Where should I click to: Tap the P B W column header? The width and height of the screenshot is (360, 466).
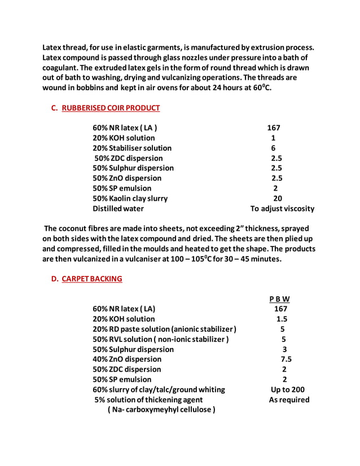pyautogui.click(x=279, y=298)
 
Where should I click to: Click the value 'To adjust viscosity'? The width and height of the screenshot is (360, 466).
pyautogui.click(x=282, y=208)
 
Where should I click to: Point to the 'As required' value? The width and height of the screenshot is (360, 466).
pyautogui.click(x=289, y=399)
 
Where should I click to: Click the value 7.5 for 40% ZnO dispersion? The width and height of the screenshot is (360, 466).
pyautogui.click(x=286, y=359)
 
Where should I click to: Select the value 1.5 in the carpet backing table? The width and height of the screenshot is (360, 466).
pyautogui.click(x=282, y=319)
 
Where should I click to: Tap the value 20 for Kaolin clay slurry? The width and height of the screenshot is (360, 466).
pyautogui.click(x=278, y=198)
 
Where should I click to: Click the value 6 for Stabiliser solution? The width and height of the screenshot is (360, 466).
pyautogui.click(x=274, y=148)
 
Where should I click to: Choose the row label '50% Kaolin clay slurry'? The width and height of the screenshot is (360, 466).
pyautogui.click(x=130, y=198)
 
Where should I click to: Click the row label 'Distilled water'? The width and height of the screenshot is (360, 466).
pyautogui.click(x=118, y=208)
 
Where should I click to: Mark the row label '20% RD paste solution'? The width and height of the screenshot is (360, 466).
pyautogui.click(x=164, y=329)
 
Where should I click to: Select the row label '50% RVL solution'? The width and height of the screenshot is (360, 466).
pyautogui.click(x=161, y=339)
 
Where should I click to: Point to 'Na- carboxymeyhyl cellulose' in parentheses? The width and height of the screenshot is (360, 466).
pyautogui.click(x=161, y=410)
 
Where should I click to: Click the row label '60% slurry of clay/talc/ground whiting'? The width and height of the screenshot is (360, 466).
pyautogui.click(x=159, y=389)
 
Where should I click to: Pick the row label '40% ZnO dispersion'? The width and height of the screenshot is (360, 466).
pyautogui.click(x=127, y=359)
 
